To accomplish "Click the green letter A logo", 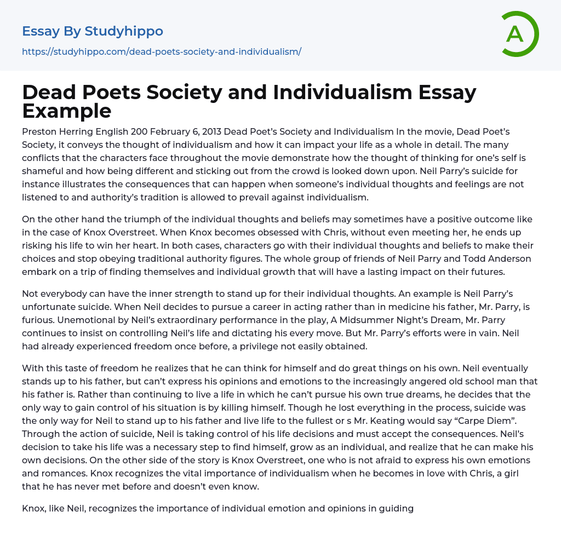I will pyautogui.click(x=519, y=34).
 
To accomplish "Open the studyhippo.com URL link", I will pyautogui.click(x=162, y=51).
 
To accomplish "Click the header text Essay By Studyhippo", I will pyautogui.click(x=93, y=31).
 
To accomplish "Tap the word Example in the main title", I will pyautogui.click(x=67, y=111).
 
